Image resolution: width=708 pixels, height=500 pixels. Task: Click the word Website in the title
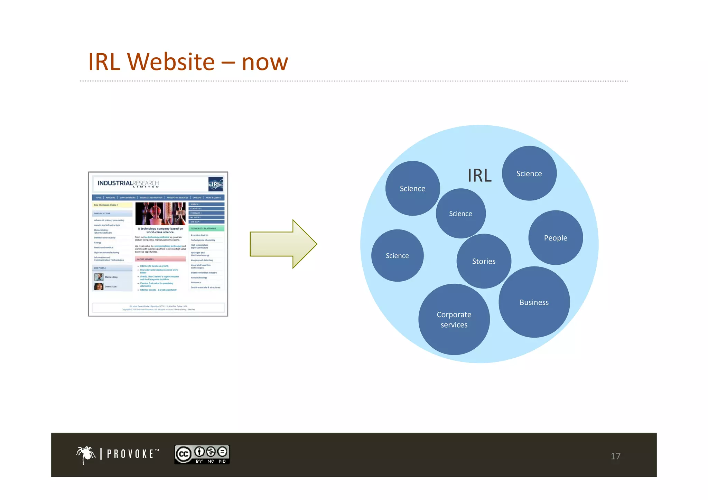pyautogui.click(x=171, y=62)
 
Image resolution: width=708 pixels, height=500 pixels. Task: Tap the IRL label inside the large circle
pyautogui.click(x=479, y=176)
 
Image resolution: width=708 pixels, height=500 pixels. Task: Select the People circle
pyautogui.click(x=556, y=238)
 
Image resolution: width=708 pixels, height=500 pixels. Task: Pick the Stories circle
pyautogui.click(x=484, y=261)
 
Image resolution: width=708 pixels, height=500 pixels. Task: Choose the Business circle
pyautogui.click(x=534, y=302)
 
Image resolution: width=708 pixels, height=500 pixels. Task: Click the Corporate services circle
pyautogui.click(x=454, y=320)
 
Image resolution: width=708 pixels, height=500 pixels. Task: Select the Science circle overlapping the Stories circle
pyautogui.click(x=460, y=214)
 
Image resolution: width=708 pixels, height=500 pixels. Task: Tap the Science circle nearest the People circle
pyautogui.click(x=529, y=173)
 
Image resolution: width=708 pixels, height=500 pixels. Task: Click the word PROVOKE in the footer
pyautogui.click(x=130, y=454)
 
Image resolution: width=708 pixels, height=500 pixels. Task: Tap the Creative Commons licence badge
pyautogui.click(x=202, y=454)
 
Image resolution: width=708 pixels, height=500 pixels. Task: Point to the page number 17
pyautogui.click(x=615, y=456)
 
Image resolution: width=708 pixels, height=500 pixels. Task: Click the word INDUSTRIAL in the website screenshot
pyautogui.click(x=115, y=183)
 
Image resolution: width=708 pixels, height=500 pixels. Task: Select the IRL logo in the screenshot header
pyautogui.click(x=215, y=184)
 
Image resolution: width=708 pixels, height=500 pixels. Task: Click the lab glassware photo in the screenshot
pyautogui.click(x=160, y=214)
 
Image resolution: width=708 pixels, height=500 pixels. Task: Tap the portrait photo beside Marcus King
pyautogui.click(x=99, y=277)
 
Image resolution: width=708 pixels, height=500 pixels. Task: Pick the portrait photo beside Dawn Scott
pyautogui.click(x=99, y=286)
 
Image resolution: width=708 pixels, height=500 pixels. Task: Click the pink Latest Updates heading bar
pyautogui.click(x=160, y=259)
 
